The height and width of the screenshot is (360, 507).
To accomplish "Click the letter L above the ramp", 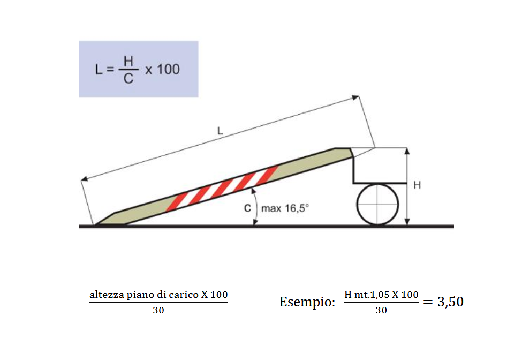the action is (220, 131).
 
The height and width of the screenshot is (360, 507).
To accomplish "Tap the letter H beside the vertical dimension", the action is (417, 185).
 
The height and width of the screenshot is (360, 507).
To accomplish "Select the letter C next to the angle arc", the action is (247, 208).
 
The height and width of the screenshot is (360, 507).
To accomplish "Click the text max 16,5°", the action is (285, 208).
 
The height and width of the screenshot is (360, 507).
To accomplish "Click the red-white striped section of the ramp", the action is (222, 189).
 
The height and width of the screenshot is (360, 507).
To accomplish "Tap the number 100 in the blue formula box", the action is (168, 70).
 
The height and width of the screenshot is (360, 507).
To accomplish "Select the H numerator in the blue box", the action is (128, 61).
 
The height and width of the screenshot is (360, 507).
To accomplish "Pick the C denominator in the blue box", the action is (128, 78).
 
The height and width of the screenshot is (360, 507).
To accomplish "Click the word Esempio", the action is (307, 302).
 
